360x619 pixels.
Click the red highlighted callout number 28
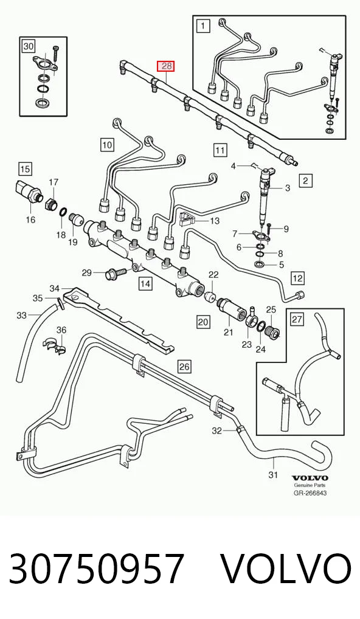pos(166,66)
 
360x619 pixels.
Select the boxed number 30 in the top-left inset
pos(28,47)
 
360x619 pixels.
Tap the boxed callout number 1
pos(202,27)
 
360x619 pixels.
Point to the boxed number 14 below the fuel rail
pos(145,284)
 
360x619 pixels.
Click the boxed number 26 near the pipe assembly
pos(184,367)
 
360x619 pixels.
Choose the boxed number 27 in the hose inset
pos(298,319)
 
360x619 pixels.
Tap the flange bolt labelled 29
pos(115,273)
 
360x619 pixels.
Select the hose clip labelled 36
pos(55,345)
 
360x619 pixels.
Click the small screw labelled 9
pos(269,226)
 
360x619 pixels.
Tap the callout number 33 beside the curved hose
pos(22,316)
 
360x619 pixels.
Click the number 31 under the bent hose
pos(273,475)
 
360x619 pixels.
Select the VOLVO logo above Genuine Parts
pos(310,479)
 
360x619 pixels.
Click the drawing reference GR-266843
pos(310,493)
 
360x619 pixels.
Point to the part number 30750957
pos(96,569)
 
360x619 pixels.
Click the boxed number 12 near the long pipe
pos(298,278)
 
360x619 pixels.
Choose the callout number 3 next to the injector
pos(288,188)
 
